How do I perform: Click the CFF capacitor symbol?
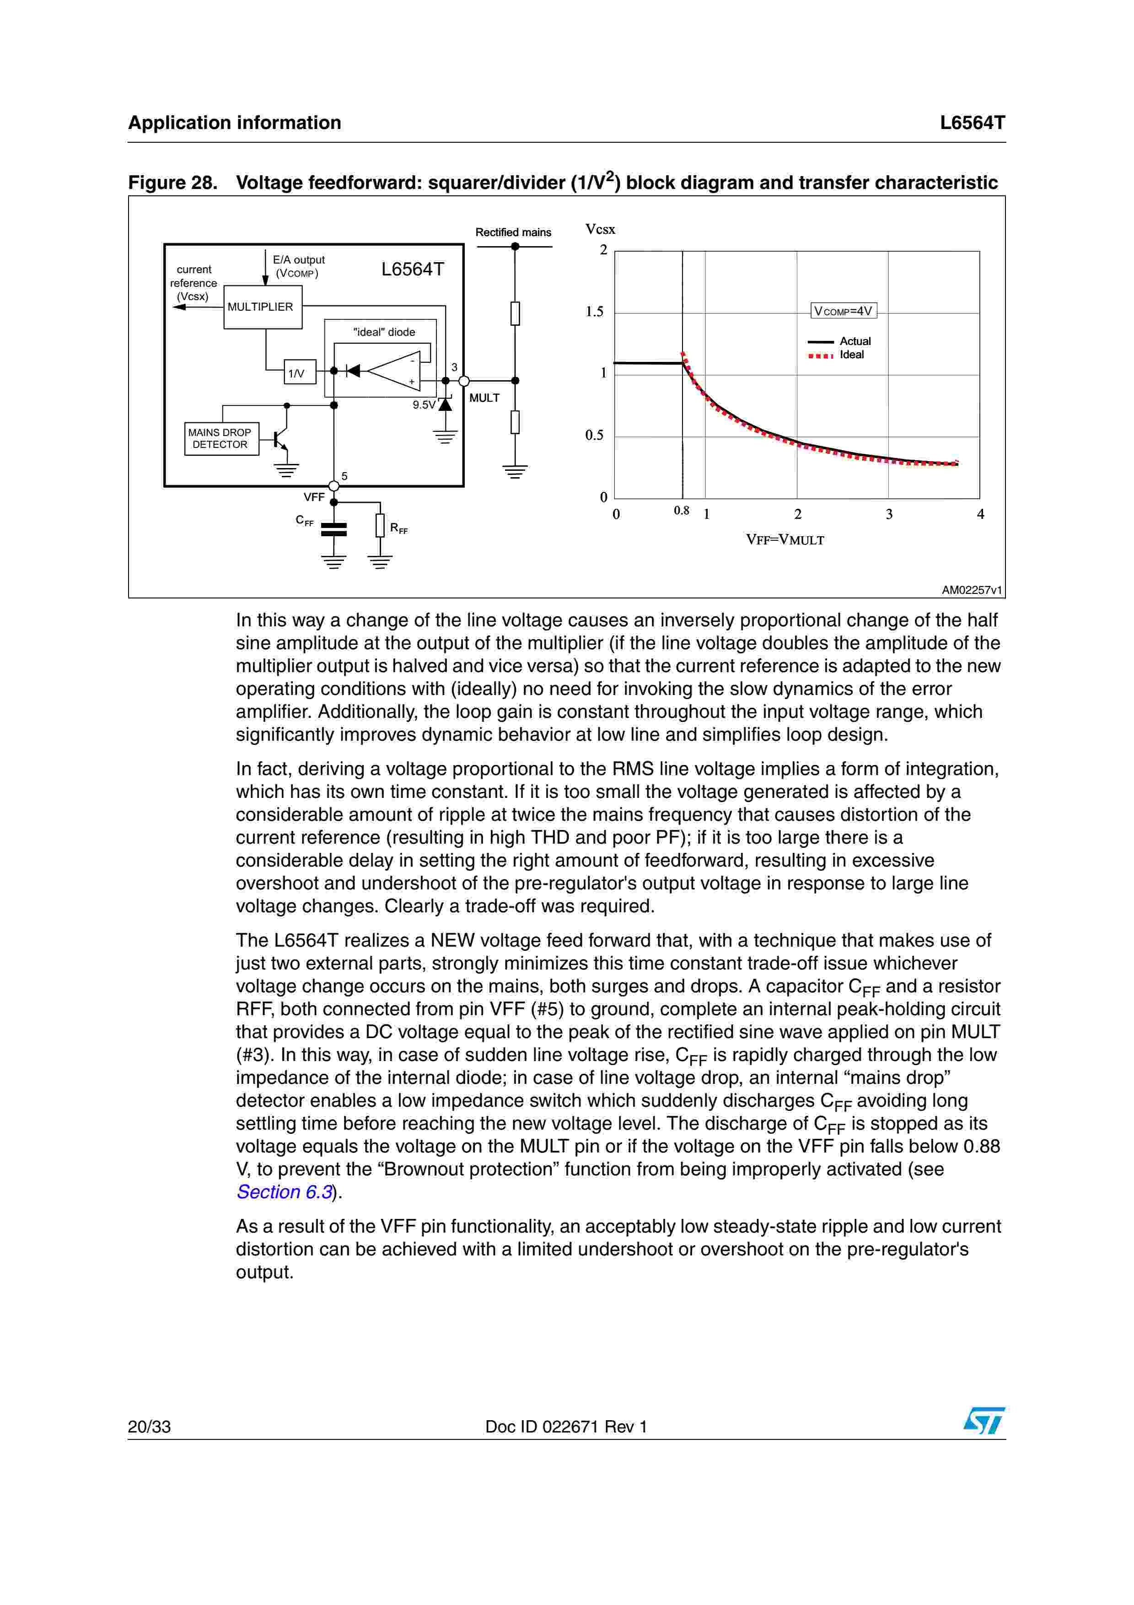click(x=333, y=529)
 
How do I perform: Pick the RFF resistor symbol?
click(x=380, y=525)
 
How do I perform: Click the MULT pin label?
click(x=484, y=398)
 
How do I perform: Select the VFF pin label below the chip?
click(x=314, y=497)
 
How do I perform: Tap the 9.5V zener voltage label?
click(x=424, y=405)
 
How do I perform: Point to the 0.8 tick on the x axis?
click(x=681, y=510)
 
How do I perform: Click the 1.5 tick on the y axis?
click(x=595, y=312)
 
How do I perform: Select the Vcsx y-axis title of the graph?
click(x=600, y=229)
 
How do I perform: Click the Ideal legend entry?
click(x=837, y=355)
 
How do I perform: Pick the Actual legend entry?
click(x=839, y=341)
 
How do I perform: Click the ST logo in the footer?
click(x=984, y=1421)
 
